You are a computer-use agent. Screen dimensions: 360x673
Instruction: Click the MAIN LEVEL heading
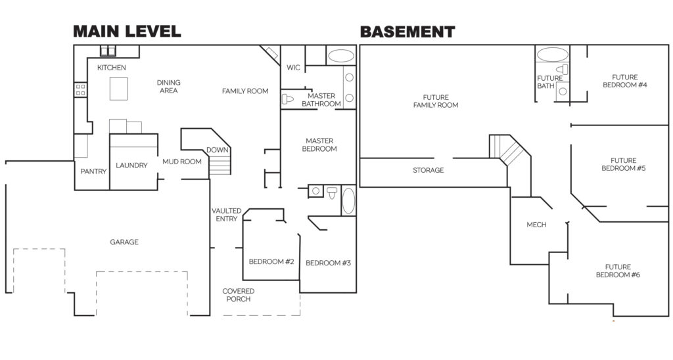[x=126, y=31]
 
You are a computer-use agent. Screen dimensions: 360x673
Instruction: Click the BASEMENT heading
[x=407, y=31]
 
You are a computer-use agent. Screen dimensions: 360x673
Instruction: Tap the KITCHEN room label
[x=112, y=68]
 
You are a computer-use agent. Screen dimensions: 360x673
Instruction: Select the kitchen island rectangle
[x=119, y=87]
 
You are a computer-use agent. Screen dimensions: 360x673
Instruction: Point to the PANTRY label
[x=93, y=171]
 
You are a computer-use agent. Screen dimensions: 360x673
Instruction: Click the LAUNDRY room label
[x=131, y=166]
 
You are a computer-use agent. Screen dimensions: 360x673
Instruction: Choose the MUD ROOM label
[x=181, y=162]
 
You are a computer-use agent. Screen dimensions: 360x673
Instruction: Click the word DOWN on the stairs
[x=218, y=150]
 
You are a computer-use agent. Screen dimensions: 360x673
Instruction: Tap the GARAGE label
[x=124, y=242]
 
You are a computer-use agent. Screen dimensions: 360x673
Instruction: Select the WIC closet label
[x=293, y=68]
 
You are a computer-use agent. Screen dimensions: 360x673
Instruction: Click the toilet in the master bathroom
[x=287, y=100]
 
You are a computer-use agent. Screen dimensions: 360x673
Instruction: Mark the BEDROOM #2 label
[x=271, y=262]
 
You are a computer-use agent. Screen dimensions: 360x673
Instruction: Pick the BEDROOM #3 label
[x=329, y=263]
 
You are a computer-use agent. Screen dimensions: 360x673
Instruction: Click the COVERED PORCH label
[x=238, y=295]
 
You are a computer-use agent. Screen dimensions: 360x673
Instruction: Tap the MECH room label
[x=536, y=225]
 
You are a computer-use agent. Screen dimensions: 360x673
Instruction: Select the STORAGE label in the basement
[x=429, y=170]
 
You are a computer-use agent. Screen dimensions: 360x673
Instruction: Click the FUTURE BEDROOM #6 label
[x=618, y=271]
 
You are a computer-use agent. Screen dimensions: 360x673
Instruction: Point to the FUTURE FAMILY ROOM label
[x=436, y=101]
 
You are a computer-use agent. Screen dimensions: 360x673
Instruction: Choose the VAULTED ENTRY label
[x=226, y=215]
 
